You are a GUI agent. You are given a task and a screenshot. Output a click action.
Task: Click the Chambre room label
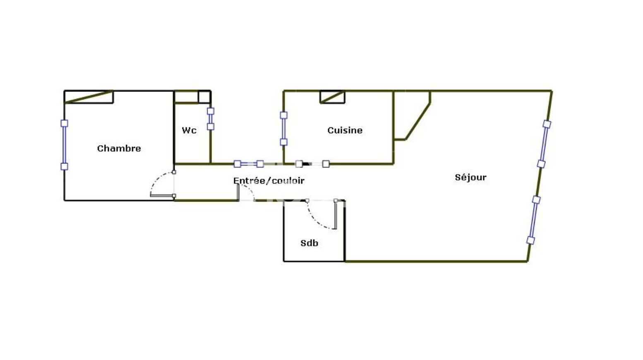(119, 149)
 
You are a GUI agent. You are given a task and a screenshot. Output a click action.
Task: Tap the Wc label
(189, 130)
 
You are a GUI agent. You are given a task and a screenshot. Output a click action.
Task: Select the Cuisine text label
(345, 130)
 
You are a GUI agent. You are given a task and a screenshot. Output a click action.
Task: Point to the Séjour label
(470, 178)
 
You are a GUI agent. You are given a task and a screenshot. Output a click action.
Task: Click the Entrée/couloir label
(269, 180)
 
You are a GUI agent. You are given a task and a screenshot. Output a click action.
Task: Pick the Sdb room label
(309, 243)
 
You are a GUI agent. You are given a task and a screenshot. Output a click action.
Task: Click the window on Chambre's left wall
(64, 145)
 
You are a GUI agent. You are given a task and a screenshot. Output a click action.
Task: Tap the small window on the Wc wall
(211, 119)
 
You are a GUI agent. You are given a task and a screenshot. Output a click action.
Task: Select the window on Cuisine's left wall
(283, 129)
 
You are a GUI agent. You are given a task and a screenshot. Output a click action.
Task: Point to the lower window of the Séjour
(533, 220)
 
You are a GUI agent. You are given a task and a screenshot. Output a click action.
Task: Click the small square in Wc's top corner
(204, 97)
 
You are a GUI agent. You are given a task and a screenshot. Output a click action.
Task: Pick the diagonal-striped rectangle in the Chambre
(89, 97)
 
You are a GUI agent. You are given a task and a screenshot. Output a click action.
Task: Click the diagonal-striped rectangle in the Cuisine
(332, 97)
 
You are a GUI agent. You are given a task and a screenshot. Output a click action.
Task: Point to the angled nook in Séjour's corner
(412, 115)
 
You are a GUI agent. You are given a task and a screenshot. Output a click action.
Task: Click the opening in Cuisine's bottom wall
(312, 164)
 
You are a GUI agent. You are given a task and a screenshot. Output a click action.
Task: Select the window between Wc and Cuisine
(249, 164)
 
